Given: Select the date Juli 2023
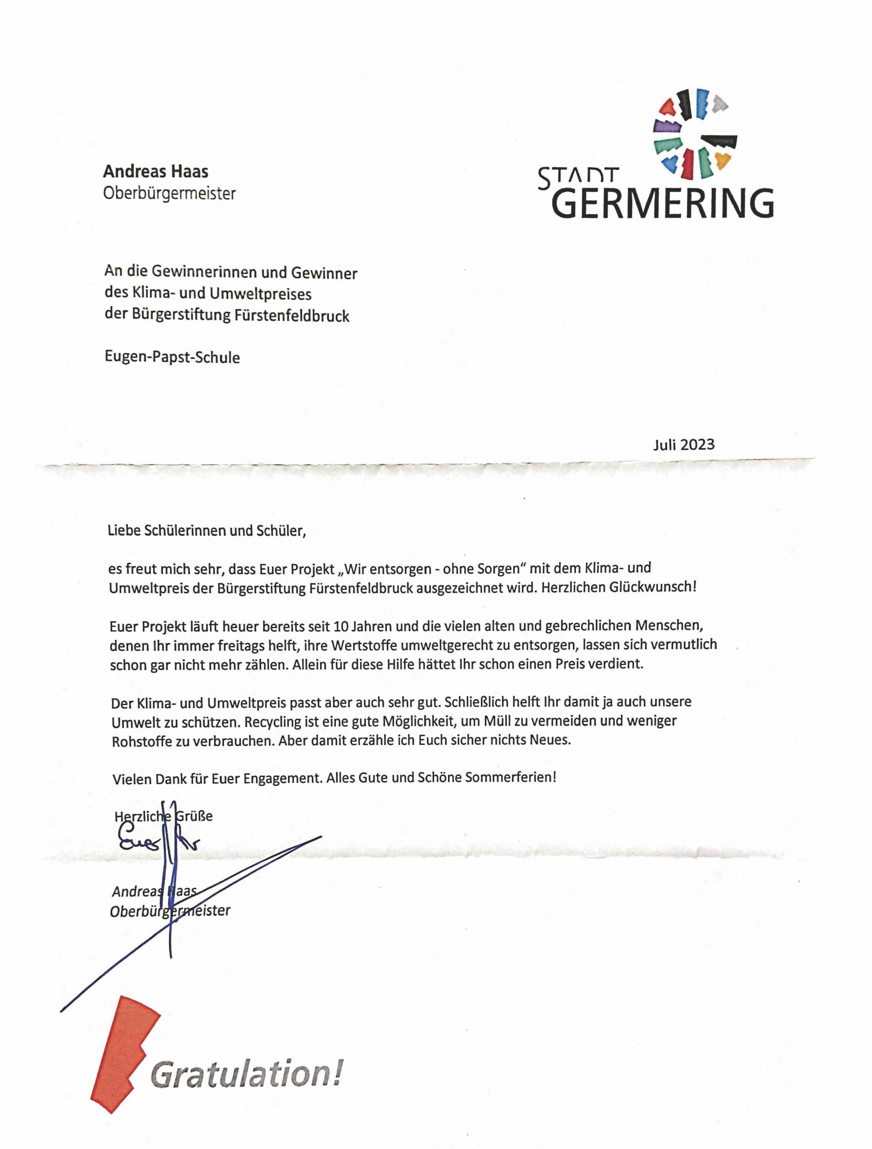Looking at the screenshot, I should pyautogui.click(x=684, y=444).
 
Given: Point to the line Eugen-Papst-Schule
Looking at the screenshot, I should pyautogui.click(x=172, y=357).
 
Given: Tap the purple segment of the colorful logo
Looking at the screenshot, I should pyautogui.click(x=666, y=125).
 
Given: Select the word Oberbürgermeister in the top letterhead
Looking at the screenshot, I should pyautogui.click(x=169, y=194).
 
